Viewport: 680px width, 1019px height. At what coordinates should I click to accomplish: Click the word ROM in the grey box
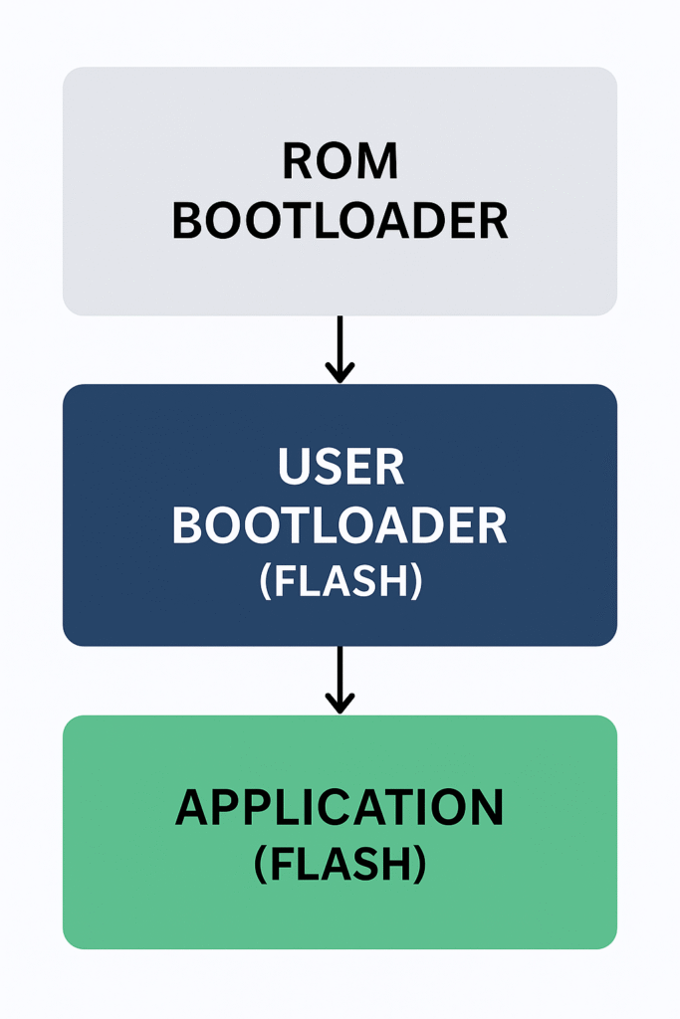tap(340, 161)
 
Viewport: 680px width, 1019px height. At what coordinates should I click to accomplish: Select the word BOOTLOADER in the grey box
tap(340, 221)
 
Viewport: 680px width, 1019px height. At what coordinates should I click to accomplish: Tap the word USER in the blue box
tap(340, 467)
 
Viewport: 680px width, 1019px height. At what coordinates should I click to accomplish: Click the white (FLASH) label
tap(340, 582)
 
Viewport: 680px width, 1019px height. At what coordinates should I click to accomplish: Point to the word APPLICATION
tap(340, 808)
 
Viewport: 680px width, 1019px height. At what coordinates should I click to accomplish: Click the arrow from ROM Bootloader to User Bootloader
tap(340, 348)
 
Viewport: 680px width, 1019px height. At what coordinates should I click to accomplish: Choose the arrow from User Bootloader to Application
tap(340, 679)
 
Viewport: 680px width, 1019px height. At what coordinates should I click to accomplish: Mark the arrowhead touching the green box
tap(340, 704)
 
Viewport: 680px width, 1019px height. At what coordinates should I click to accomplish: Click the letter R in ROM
tap(297, 161)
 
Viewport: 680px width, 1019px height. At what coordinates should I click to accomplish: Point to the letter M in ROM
tap(378, 161)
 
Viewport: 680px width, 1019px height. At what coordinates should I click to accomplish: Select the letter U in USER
tap(292, 467)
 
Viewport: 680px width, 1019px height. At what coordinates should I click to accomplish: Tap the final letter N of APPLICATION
tap(487, 808)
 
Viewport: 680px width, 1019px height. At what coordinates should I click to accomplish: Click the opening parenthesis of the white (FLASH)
tap(265, 583)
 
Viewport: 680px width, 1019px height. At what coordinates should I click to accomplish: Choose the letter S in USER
tap(326, 467)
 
